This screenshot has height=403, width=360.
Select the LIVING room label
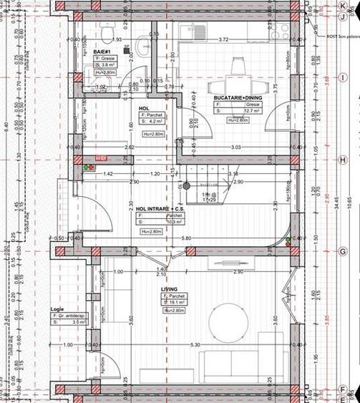pyautogui.click(x=168, y=289)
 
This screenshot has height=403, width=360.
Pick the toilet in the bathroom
pyautogui.click(x=106, y=33)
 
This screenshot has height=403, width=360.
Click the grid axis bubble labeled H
pyautogui.click(x=343, y=160)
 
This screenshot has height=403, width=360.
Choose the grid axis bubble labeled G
pyautogui.click(x=343, y=252)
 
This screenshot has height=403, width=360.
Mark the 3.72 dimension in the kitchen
pyautogui.click(x=224, y=40)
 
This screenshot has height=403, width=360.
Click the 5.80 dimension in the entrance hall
pyautogui.click(x=186, y=238)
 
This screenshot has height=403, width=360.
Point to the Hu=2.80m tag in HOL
pyautogui.click(x=153, y=133)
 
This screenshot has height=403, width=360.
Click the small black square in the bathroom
pyautogui.click(x=127, y=50)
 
